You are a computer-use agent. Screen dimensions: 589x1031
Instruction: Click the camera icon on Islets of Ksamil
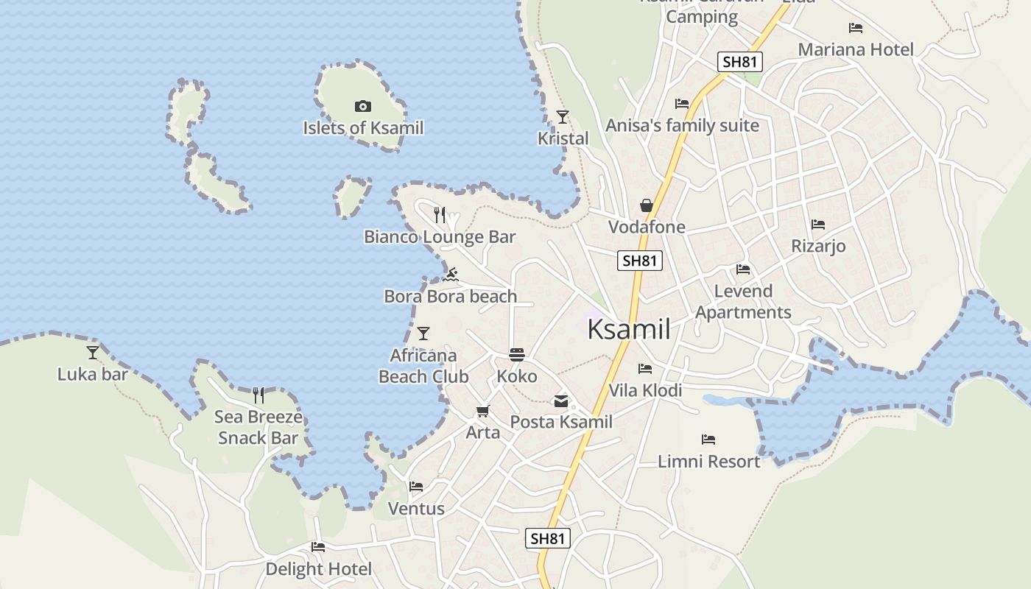(x=362, y=107)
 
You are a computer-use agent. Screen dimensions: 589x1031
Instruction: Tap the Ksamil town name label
(x=629, y=329)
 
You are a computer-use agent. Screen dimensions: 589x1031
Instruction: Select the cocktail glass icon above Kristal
(x=563, y=116)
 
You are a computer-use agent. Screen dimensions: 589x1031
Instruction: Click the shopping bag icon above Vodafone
(x=647, y=205)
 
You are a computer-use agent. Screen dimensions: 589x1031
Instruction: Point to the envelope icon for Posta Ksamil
(x=561, y=401)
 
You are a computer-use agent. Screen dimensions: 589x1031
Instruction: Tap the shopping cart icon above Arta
(x=482, y=412)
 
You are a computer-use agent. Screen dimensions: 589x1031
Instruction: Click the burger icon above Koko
(x=517, y=354)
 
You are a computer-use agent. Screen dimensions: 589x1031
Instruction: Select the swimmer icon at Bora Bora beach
(x=451, y=275)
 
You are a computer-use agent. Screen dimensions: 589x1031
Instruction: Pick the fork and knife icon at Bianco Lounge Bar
(x=440, y=215)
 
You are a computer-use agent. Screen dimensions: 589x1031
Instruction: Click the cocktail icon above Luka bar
(x=93, y=353)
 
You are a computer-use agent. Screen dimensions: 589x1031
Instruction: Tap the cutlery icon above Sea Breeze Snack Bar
(x=258, y=395)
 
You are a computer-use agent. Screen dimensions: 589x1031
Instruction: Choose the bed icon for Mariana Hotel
(x=855, y=28)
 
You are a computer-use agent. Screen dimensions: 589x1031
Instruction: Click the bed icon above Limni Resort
(x=708, y=440)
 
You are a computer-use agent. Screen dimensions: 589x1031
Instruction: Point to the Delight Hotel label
(x=318, y=569)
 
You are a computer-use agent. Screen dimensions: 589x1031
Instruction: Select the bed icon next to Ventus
(x=416, y=487)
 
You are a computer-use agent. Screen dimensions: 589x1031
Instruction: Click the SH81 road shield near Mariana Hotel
(x=739, y=62)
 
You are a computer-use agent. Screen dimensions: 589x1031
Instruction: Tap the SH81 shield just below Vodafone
(x=639, y=261)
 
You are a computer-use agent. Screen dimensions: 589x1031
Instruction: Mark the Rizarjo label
(x=818, y=246)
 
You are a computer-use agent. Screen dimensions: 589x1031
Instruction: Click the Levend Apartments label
(x=743, y=302)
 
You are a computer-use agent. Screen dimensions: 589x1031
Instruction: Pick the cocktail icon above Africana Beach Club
(x=423, y=334)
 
